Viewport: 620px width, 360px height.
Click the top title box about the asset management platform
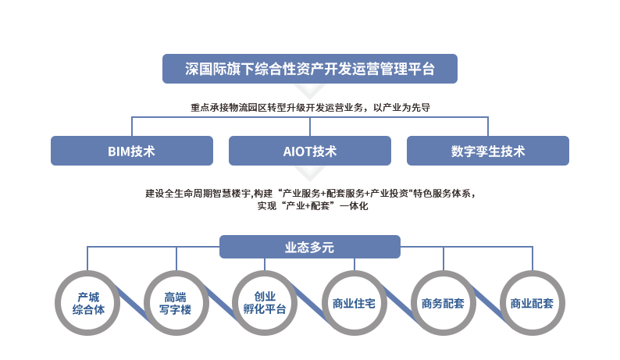[x=309, y=68]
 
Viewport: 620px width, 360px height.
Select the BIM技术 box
[x=132, y=151]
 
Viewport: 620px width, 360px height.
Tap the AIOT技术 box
[x=310, y=151]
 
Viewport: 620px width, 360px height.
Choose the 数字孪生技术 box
[x=488, y=151]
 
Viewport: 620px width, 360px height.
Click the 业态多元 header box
[x=310, y=247]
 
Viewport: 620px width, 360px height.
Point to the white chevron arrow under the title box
[x=310, y=91]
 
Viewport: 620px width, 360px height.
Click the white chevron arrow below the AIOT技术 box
[x=310, y=174]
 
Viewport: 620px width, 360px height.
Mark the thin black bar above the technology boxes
[x=312, y=108]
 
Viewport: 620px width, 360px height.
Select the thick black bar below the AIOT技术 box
[x=312, y=199]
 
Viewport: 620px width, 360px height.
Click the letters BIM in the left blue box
[x=119, y=151]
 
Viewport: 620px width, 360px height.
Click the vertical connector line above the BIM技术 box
[x=132, y=126]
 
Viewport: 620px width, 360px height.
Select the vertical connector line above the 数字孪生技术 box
[x=488, y=126]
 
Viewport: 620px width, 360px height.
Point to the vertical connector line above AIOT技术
[x=310, y=126]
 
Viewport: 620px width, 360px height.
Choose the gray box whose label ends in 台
[x=265, y=303]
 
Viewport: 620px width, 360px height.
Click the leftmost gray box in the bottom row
[x=87, y=303]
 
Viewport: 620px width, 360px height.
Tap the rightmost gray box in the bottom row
[x=532, y=303]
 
